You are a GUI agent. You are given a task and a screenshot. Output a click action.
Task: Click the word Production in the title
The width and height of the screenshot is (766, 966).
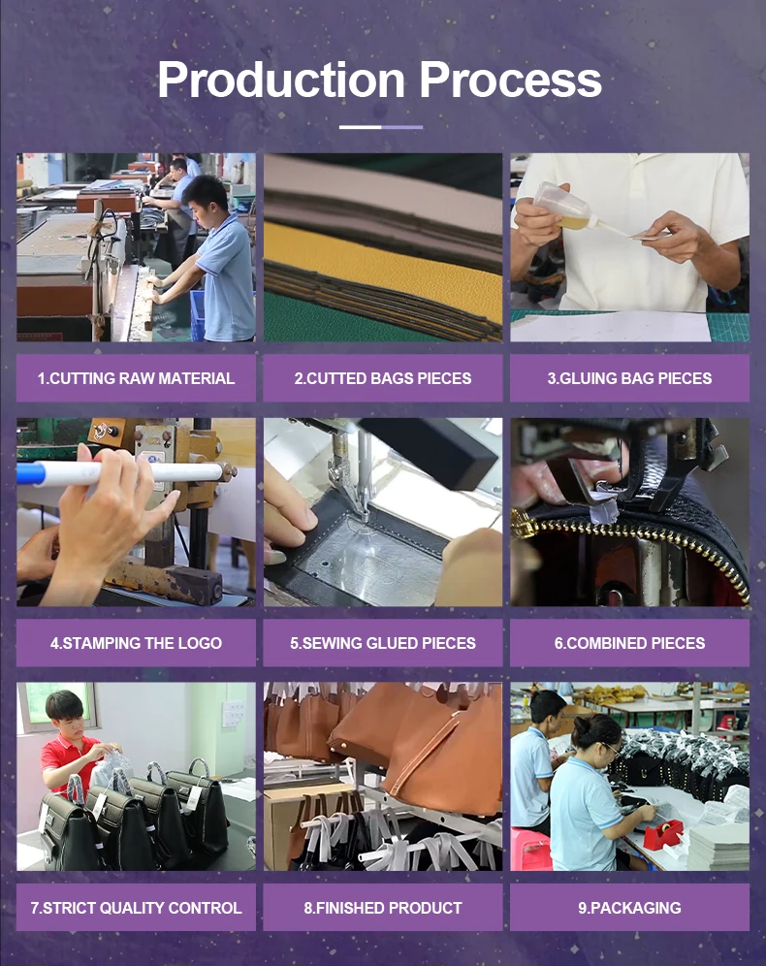[x=281, y=80]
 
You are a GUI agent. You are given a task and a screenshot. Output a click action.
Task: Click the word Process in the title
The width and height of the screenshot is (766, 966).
[x=510, y=80]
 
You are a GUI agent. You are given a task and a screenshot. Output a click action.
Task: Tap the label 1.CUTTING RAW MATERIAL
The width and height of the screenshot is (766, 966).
[x=136, y=378]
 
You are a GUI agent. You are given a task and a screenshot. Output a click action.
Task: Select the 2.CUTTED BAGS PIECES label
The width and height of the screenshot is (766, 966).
[x=383, y=378]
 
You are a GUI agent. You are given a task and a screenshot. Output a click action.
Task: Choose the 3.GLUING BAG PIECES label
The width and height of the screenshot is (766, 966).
[x=630, y=378]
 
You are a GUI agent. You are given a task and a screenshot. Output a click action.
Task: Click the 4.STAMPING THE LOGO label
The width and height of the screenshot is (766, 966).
[x=136, y=643]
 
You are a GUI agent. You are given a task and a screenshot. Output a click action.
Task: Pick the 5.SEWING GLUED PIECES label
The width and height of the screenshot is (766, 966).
[x=383, y=643]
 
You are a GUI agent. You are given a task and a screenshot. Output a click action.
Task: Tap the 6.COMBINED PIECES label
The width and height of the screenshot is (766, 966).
[x=630, y=643]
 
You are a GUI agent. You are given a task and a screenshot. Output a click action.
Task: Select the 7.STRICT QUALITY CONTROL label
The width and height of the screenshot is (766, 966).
[x=136, y=908]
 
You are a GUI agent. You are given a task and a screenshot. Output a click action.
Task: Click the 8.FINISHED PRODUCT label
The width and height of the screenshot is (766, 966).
[x=383, y=908]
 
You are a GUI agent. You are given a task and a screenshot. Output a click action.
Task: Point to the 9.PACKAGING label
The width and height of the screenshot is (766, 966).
[x=630, y=908]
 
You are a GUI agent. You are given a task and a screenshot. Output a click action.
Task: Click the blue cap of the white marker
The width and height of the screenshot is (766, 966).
[x=28, y=473]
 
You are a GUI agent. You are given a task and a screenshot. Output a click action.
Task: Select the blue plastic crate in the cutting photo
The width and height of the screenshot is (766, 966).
[x=198, y=315]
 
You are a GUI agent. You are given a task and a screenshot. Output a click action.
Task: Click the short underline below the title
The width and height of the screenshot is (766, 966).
[x=381, y=127]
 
